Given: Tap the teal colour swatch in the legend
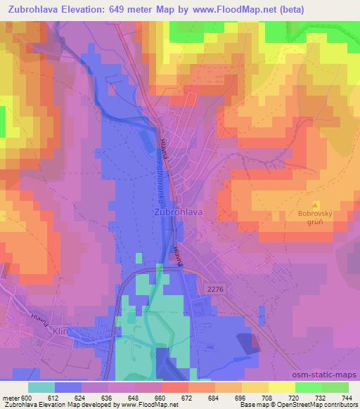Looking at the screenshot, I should pos(41,387).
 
